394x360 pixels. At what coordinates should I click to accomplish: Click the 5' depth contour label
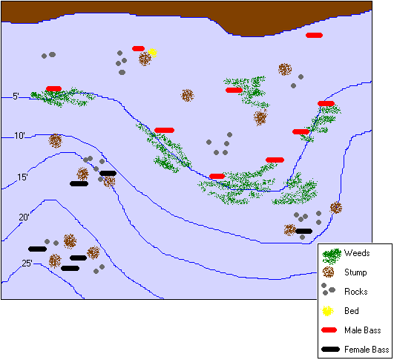click(16, 96)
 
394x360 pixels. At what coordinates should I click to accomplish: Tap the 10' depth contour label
click(20, 136)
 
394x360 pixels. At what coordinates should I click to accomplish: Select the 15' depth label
click(23, 177)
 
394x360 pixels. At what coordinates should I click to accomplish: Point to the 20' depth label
click(24, 217)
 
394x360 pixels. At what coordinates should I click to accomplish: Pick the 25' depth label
click(27, 263)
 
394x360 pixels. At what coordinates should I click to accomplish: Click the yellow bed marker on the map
click(152, 53)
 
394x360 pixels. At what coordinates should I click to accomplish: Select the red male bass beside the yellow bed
click(138, 49)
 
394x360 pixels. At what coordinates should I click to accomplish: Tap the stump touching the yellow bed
click(145, 59)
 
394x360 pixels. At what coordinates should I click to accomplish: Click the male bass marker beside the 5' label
click(53, 89)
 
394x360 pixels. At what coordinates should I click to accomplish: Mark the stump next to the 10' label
click(56, 140)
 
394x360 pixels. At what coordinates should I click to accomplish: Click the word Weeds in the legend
click(357, 253)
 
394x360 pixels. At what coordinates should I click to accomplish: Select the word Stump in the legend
click(356, 272)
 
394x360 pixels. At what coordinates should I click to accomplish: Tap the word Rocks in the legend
click(356, 292)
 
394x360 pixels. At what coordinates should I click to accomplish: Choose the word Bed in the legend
click(352, 311)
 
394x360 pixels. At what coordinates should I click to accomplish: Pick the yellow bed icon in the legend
click(330, 310)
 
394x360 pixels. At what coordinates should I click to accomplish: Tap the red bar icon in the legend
click(331, 330)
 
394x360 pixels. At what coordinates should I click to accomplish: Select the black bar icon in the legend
click(331, 349)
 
